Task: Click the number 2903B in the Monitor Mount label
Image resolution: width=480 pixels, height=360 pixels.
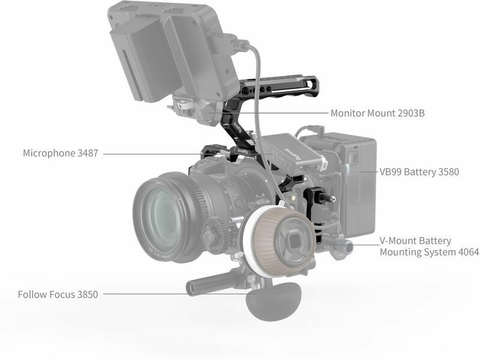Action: (x=411, y=113)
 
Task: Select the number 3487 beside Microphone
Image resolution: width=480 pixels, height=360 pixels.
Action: (x=88, y=153)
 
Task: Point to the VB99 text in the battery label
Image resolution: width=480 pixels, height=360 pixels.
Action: (x=391, y=172)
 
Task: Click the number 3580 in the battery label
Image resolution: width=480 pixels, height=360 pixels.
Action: (x=448, y=172)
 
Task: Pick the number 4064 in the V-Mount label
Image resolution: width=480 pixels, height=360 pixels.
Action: (x=469, y=252)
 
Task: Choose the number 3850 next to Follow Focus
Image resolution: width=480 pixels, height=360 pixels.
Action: (x=88, y=295)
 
